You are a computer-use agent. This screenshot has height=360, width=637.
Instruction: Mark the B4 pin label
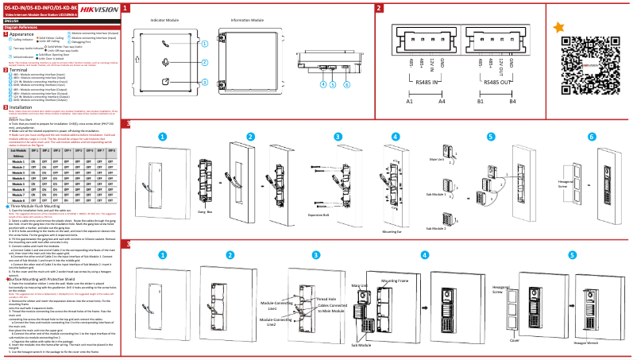513,102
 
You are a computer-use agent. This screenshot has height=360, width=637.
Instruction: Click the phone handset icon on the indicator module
164,45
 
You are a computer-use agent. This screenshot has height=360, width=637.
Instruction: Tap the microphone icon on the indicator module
164,63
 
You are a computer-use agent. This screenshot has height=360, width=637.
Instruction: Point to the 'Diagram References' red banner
21,26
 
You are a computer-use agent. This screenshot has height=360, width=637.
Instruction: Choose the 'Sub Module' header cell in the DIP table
17,149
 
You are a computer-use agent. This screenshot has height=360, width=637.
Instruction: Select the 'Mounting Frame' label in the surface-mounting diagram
395,281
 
